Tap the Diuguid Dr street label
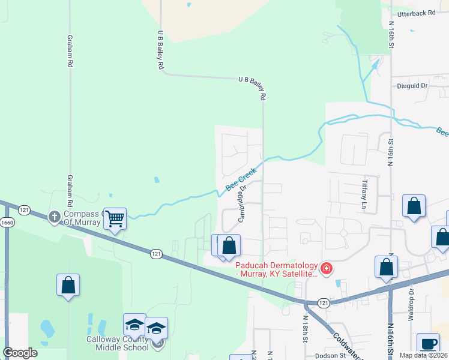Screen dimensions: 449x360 [x=412, y=86]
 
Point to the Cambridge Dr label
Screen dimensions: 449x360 [x=243, y=204]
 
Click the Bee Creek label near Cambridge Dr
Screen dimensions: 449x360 [x=241, y=179]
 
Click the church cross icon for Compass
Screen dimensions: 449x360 [x=55, y=217]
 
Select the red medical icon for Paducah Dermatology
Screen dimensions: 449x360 [x=326, y=268]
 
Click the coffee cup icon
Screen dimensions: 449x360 [x=427, y=344]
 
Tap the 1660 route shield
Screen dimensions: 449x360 [x=7, y=222]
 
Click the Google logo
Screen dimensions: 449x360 [x=20, y=353]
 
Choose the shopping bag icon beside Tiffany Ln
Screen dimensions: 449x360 [x=414, y=206]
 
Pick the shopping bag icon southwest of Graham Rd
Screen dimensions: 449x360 [x=68, y=284]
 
